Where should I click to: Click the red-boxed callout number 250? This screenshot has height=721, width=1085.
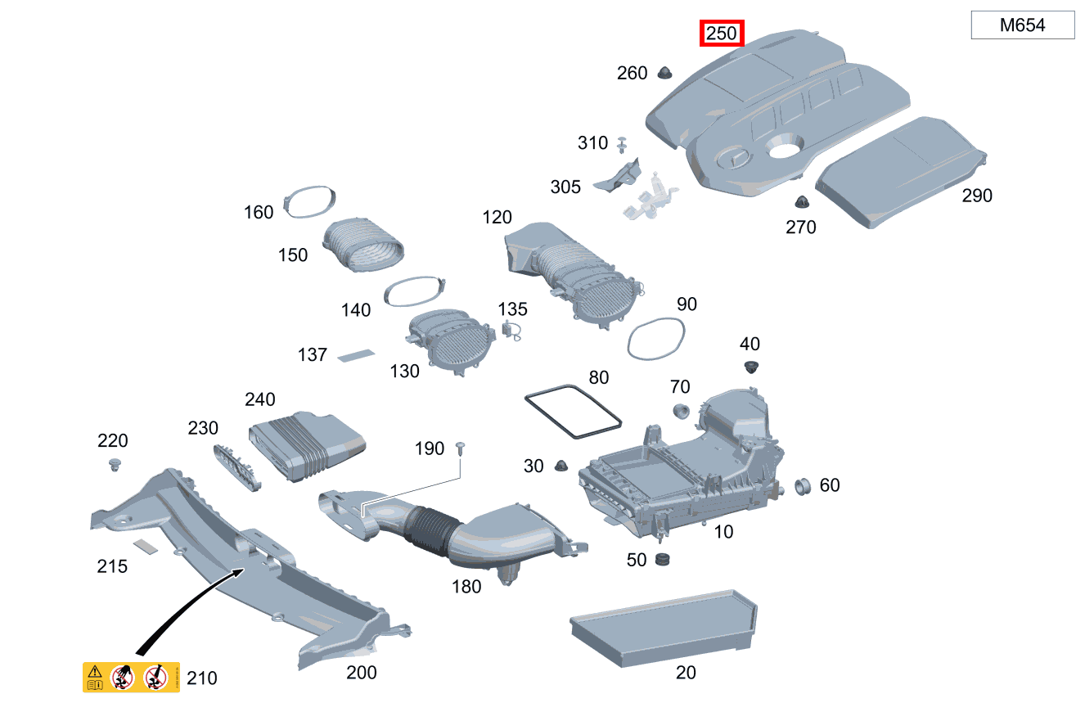coord(721,34)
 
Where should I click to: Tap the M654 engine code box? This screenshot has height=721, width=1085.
coord(1023,25)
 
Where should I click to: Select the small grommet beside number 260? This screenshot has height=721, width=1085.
coord(664,73)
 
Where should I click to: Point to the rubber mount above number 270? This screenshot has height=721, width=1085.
coord(802,201)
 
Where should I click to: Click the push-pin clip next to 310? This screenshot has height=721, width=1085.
coord(622,145)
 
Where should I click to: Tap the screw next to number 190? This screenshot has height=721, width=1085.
coord(461,448)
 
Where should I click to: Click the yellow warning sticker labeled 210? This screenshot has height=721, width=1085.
coord(131,677)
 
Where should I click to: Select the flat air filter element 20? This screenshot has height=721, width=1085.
coord(664,628)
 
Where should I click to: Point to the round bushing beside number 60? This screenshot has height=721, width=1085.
coord(803,486)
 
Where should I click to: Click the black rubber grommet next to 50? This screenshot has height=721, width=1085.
coord(662,559)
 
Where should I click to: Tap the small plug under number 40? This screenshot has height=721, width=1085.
coord(751,367)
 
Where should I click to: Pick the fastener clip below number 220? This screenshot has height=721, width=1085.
coord(115,465)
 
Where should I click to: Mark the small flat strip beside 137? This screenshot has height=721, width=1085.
coord(357,355)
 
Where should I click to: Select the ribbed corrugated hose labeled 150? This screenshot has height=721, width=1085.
coord(363,245)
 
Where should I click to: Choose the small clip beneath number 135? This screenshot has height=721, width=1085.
coord(511,331)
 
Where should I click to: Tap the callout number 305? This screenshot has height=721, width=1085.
coord(565,187)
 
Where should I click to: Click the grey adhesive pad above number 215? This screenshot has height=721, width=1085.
coord(146,547)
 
